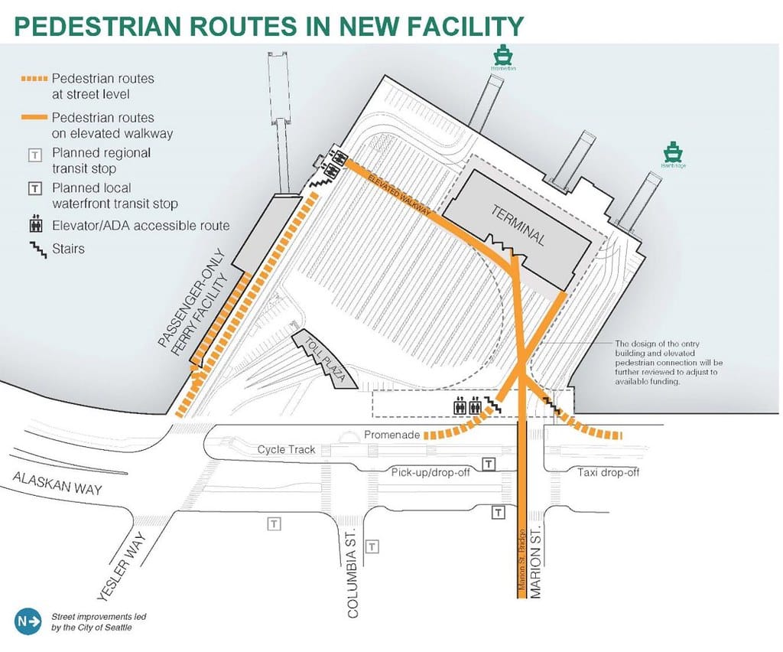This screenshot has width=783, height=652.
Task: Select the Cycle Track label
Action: pyautogui.click(x=286, y=449)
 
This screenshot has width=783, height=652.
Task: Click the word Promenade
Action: pyautogui.click(x=391, y=435)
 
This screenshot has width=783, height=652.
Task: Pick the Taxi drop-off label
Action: pyautogui.click(x=608, y=472)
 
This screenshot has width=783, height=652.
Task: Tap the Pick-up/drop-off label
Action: pyautogui.click(x=431, y=471)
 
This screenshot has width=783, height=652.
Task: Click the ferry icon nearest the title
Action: pyautogui.click(x=502, y=55)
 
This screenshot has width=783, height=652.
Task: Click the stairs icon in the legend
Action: pyautogui.click(x=34, y=249)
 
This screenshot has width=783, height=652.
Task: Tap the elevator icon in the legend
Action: pyautogui.click(x=34, y=226)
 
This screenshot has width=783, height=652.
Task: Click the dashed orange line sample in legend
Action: pyautogui.click(x=34, y=80)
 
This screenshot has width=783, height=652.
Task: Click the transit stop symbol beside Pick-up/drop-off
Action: pyautogui.click(x=489, y=464)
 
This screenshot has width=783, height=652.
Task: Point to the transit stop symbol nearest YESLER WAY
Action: pyautogui.click(x=273, y=524)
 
